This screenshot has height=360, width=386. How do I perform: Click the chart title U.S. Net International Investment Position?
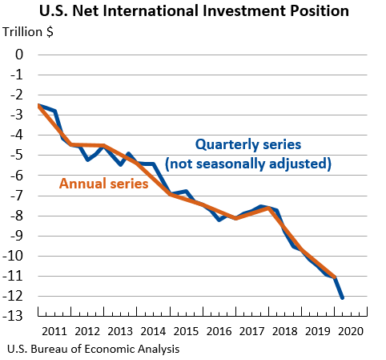(193, 11)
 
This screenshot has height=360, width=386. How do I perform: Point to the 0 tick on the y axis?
(19, 55)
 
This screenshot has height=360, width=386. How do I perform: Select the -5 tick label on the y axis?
(16, 156)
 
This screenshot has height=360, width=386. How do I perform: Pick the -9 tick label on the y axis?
(16, 236)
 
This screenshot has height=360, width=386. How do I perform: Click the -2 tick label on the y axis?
(16, 95)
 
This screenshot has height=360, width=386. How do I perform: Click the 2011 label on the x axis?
(55, 331)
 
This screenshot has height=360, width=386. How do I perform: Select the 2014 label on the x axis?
(153, 331)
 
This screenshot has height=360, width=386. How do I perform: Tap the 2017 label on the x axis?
(251, 331)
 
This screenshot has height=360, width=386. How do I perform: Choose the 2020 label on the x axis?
(350, 331)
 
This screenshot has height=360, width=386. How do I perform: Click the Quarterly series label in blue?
(248, 145)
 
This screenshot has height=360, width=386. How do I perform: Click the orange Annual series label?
(104, 184)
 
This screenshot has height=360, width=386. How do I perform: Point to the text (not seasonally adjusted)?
(247, 164)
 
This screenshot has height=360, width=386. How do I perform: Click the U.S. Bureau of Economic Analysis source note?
(92, 350)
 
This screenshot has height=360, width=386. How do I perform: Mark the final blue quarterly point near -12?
(342, 297)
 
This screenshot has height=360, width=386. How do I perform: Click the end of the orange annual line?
(334, 277)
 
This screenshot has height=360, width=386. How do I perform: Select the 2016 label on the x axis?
(219, 331)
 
